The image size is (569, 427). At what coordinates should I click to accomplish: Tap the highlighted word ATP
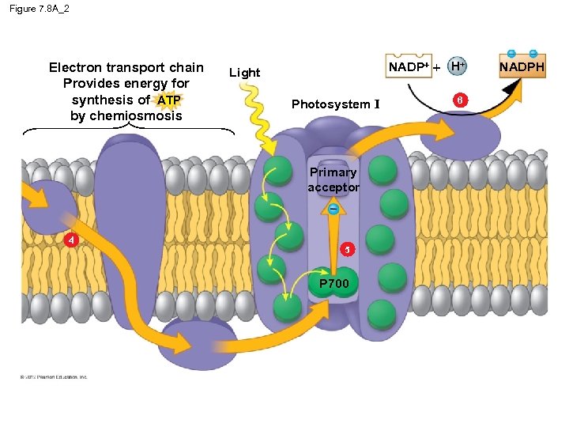pos(169,100)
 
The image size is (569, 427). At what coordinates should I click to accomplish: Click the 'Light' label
pos(244,73)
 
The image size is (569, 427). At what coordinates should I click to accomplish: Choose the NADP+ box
pos(408,67)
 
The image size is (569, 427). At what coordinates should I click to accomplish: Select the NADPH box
pos(522,67)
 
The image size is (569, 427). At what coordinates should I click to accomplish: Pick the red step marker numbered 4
pos(71,240)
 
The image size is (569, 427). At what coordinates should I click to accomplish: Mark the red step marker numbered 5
pos(345,250)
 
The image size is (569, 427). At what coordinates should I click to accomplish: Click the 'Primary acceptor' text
pos(333,179)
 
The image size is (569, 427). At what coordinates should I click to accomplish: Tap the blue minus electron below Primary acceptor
pos(333,210)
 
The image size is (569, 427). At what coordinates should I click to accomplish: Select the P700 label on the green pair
pos(333,282)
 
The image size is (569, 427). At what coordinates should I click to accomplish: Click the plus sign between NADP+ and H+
pos(437,68)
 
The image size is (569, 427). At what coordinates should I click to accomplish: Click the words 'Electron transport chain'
pos(126,68)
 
